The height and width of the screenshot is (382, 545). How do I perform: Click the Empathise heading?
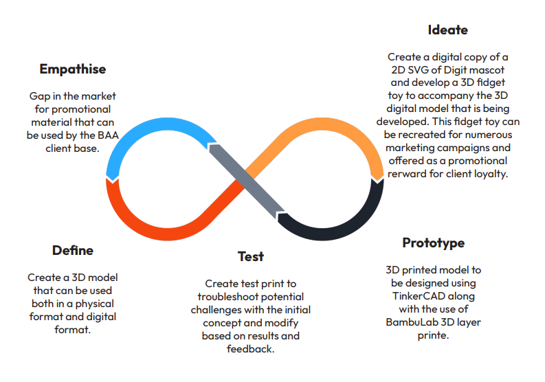(73, 69)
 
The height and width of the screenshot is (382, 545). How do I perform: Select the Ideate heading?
(447, 30)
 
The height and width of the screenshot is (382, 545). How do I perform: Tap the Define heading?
(73, 250)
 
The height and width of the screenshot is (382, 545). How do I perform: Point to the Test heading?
(251, 256)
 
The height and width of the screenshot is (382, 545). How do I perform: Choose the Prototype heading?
(433, 243)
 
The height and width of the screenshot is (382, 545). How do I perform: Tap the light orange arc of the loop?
(344, 131)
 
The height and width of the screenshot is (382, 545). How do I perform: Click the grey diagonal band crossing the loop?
(247, 180)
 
